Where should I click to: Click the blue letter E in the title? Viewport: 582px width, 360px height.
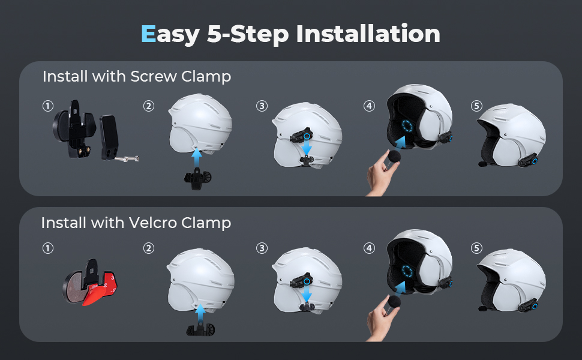(148, 34)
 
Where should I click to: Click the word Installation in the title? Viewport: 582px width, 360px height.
(368, 34)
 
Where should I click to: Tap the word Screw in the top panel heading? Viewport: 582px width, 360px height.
(154, 76)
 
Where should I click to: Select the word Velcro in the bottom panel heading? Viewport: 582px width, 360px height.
(153, 223)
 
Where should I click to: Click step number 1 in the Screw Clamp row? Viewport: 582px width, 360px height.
(48, 106)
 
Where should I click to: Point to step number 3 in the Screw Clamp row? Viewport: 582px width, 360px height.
(262, 106)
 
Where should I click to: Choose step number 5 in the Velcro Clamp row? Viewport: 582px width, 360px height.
(476, 248)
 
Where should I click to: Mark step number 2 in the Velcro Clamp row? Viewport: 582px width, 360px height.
(149, 248)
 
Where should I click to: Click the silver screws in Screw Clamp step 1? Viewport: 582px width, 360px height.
(128, 159)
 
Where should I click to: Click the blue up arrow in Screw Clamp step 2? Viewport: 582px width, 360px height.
(197, 158)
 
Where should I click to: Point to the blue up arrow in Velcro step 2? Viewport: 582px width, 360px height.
(200, 314)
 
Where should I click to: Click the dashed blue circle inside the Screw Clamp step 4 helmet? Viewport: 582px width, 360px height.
(407, 126)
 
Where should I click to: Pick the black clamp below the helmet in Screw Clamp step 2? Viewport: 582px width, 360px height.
(198, 179)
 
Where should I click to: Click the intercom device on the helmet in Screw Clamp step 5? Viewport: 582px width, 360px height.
(528, 160)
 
